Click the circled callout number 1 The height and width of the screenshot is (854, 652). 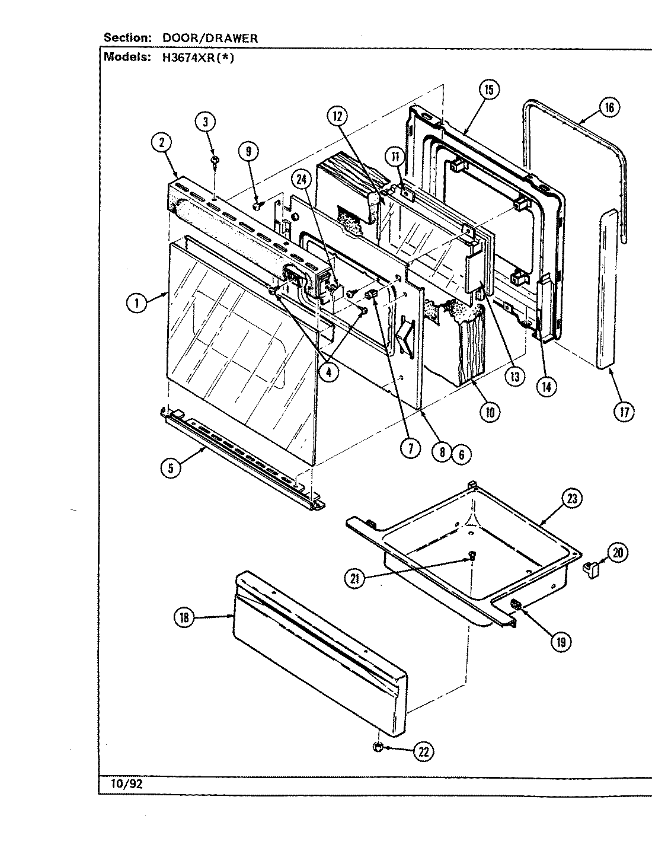(x=136, y=303)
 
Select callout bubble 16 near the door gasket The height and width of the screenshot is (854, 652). (x=609, y=107)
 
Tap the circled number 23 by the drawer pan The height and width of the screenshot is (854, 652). (x=571, y=498)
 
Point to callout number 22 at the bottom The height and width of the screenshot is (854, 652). (x=423, y=752)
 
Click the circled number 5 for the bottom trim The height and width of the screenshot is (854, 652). (x=170, y=467)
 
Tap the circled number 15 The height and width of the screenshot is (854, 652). (x=488, y=90)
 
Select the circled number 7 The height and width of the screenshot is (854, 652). (x=409, y=448)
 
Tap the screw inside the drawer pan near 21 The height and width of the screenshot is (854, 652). (x=472, y=556)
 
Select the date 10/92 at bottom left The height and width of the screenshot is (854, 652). (x=126, y=783)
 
